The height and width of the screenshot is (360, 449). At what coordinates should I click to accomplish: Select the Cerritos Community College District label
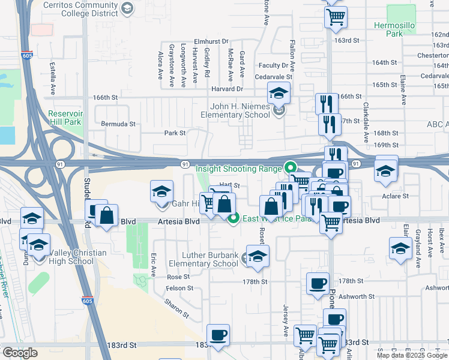82,7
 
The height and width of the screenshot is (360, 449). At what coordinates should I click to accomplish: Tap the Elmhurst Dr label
211,41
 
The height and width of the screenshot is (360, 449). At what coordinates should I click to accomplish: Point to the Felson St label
181,289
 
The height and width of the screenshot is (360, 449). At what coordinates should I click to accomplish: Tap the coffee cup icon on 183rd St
218,335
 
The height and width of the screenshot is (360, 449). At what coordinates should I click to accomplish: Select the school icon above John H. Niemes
279,92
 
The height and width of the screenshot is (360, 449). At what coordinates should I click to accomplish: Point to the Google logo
19,353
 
